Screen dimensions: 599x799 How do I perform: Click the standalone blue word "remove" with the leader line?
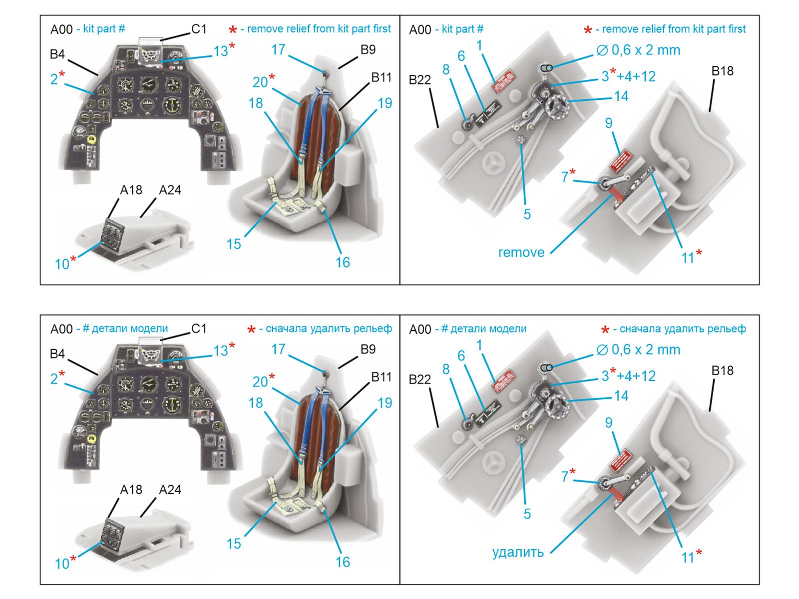(x=521, y=253)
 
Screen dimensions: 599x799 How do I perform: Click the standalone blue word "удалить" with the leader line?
(x=518, y=552)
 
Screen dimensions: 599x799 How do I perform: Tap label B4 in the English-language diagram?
(x=57, y=54)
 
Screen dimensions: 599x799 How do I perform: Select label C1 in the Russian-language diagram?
(x=199, y=328)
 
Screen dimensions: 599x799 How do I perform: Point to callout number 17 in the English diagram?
(x=278, y=50)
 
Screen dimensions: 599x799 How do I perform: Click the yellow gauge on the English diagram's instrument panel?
(x=92, y=139)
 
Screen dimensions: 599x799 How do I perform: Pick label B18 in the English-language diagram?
(x=722, y=71)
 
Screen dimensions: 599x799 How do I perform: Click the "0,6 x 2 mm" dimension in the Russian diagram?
(x=645, y=350)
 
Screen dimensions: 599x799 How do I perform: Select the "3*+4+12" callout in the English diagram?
(x=628, y=76)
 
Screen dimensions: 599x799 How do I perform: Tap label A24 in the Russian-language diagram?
(x=170, y=490)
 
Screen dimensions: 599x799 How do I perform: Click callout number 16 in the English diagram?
(x=343, y=263)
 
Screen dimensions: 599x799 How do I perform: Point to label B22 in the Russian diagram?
(x=419, y=379)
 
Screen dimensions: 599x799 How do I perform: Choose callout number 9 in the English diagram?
(x=608, y=123)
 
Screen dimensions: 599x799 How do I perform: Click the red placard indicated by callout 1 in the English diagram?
(x=504, y=81)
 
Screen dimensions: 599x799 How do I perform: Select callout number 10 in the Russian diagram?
(x=62, y=564)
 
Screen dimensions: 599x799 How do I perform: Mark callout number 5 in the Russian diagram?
(x=527, y=514)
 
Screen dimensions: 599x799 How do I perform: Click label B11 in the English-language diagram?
(x=381, y=77)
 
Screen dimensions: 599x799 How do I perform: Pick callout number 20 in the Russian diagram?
(x=260, y=382)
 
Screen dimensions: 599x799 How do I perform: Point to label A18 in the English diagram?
(x=131, y=190)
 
